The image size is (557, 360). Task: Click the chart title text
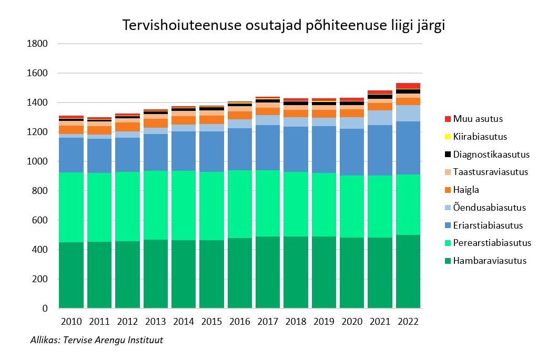pos(283,26)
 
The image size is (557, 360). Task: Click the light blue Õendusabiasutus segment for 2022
pos(408,113)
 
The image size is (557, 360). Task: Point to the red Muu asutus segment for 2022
pos(408,86)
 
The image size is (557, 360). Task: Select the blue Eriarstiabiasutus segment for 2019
pos(323,149)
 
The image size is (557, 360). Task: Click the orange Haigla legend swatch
pos(448,190)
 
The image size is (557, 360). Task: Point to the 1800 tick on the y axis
pos(38,44)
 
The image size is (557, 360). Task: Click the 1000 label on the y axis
pos(38,162)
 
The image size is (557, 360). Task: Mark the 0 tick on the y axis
pos(45,308)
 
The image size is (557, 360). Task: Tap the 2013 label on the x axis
pos(155,322)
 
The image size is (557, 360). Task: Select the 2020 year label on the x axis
pos(352,322)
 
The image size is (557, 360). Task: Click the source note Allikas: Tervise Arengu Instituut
pos(97,341)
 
